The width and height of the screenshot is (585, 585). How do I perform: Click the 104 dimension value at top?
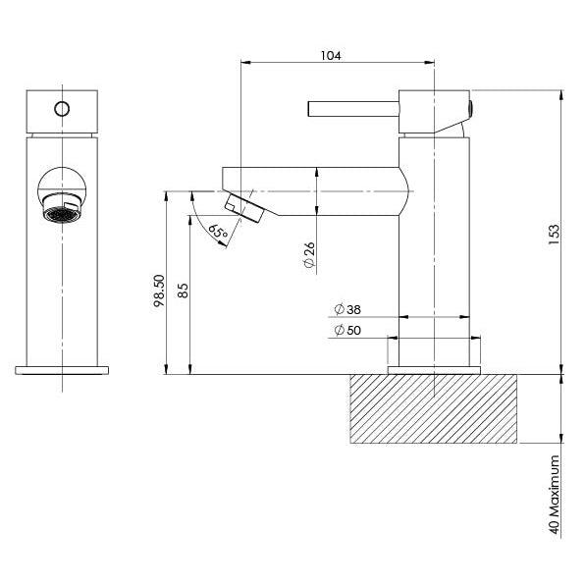click(x=330, y=56)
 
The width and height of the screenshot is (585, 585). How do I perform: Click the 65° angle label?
click(x=218, y=233)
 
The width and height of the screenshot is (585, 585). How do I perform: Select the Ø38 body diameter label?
click(x=346, y=308)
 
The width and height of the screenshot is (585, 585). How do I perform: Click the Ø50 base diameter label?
click(x=346, y=331)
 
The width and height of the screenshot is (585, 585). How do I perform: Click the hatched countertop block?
click(x=433, y=408)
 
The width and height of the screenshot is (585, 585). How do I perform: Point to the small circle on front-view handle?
click(x=62, y=109)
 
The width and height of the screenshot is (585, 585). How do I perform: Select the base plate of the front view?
click(x=63, y=370)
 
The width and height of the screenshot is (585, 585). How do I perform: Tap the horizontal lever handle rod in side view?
click(x=352, y=109)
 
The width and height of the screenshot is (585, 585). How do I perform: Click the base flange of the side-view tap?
click(x=435, y=369)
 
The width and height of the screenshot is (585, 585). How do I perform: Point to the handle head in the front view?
click(x=63, y=114)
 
